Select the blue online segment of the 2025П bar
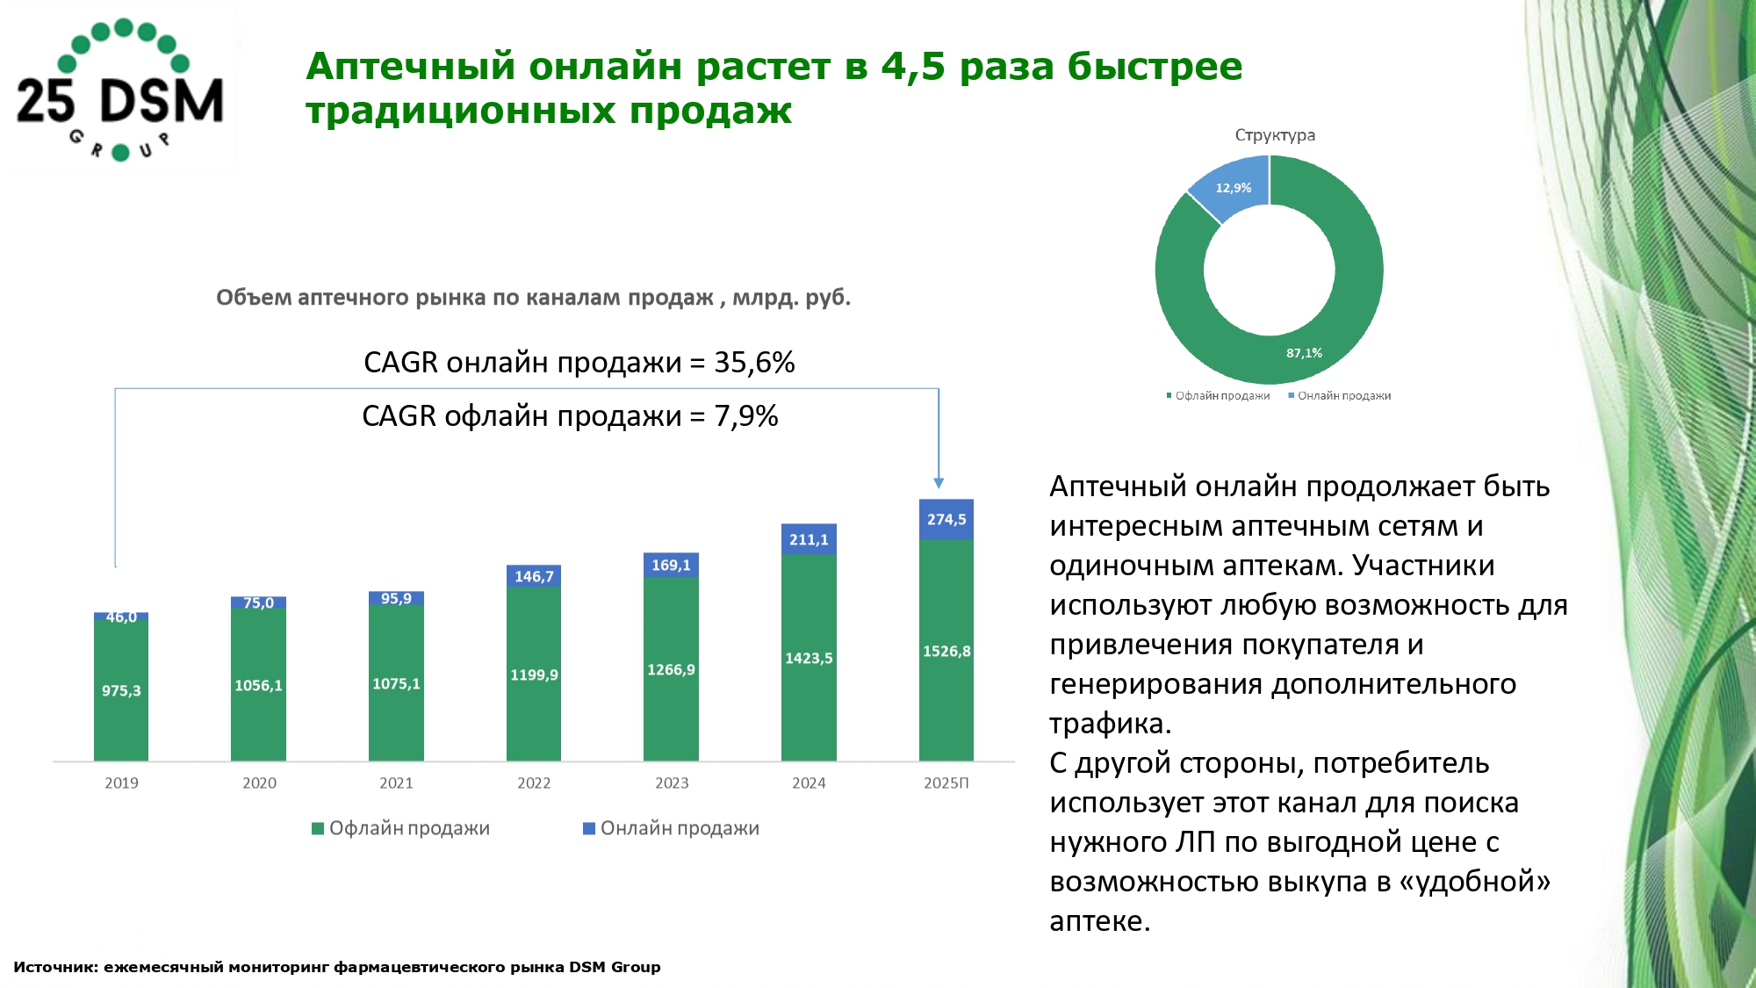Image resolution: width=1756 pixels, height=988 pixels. click(x=946, y=519)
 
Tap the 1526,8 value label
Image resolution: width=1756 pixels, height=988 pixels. click(x=946, y=652)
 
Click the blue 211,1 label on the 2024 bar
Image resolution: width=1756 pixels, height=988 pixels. click(x=809, y=539)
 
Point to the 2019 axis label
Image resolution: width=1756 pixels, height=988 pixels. click(x=121, y=782)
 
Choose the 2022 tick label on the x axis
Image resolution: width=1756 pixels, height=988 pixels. click(x=534, y=782)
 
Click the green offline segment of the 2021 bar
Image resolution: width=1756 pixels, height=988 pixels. click(x=396, y=703)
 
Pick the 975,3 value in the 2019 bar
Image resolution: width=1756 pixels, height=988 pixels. click(x=121, y=691)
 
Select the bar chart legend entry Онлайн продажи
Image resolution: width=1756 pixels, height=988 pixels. click(x=672, y=828)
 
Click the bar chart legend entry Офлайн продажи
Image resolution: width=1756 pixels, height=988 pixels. click(x=401, y=828)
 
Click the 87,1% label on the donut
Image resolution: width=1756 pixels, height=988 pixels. click(x=1304, y=353)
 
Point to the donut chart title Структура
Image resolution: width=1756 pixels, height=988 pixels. click(x=1275, y=135)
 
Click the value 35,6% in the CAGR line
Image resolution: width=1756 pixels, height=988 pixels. click(x=754, y=363)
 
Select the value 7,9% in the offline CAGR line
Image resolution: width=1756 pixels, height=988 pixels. click(x=746, y=416)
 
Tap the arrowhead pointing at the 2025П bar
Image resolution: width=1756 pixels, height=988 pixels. click(x=939, y=483)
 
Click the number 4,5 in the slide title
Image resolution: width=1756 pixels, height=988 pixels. click(x=913, y=67)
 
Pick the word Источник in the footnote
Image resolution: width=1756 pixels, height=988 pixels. click(x=55, y=967)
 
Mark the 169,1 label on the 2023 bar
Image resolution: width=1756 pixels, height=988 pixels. click(x=671, y=565)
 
